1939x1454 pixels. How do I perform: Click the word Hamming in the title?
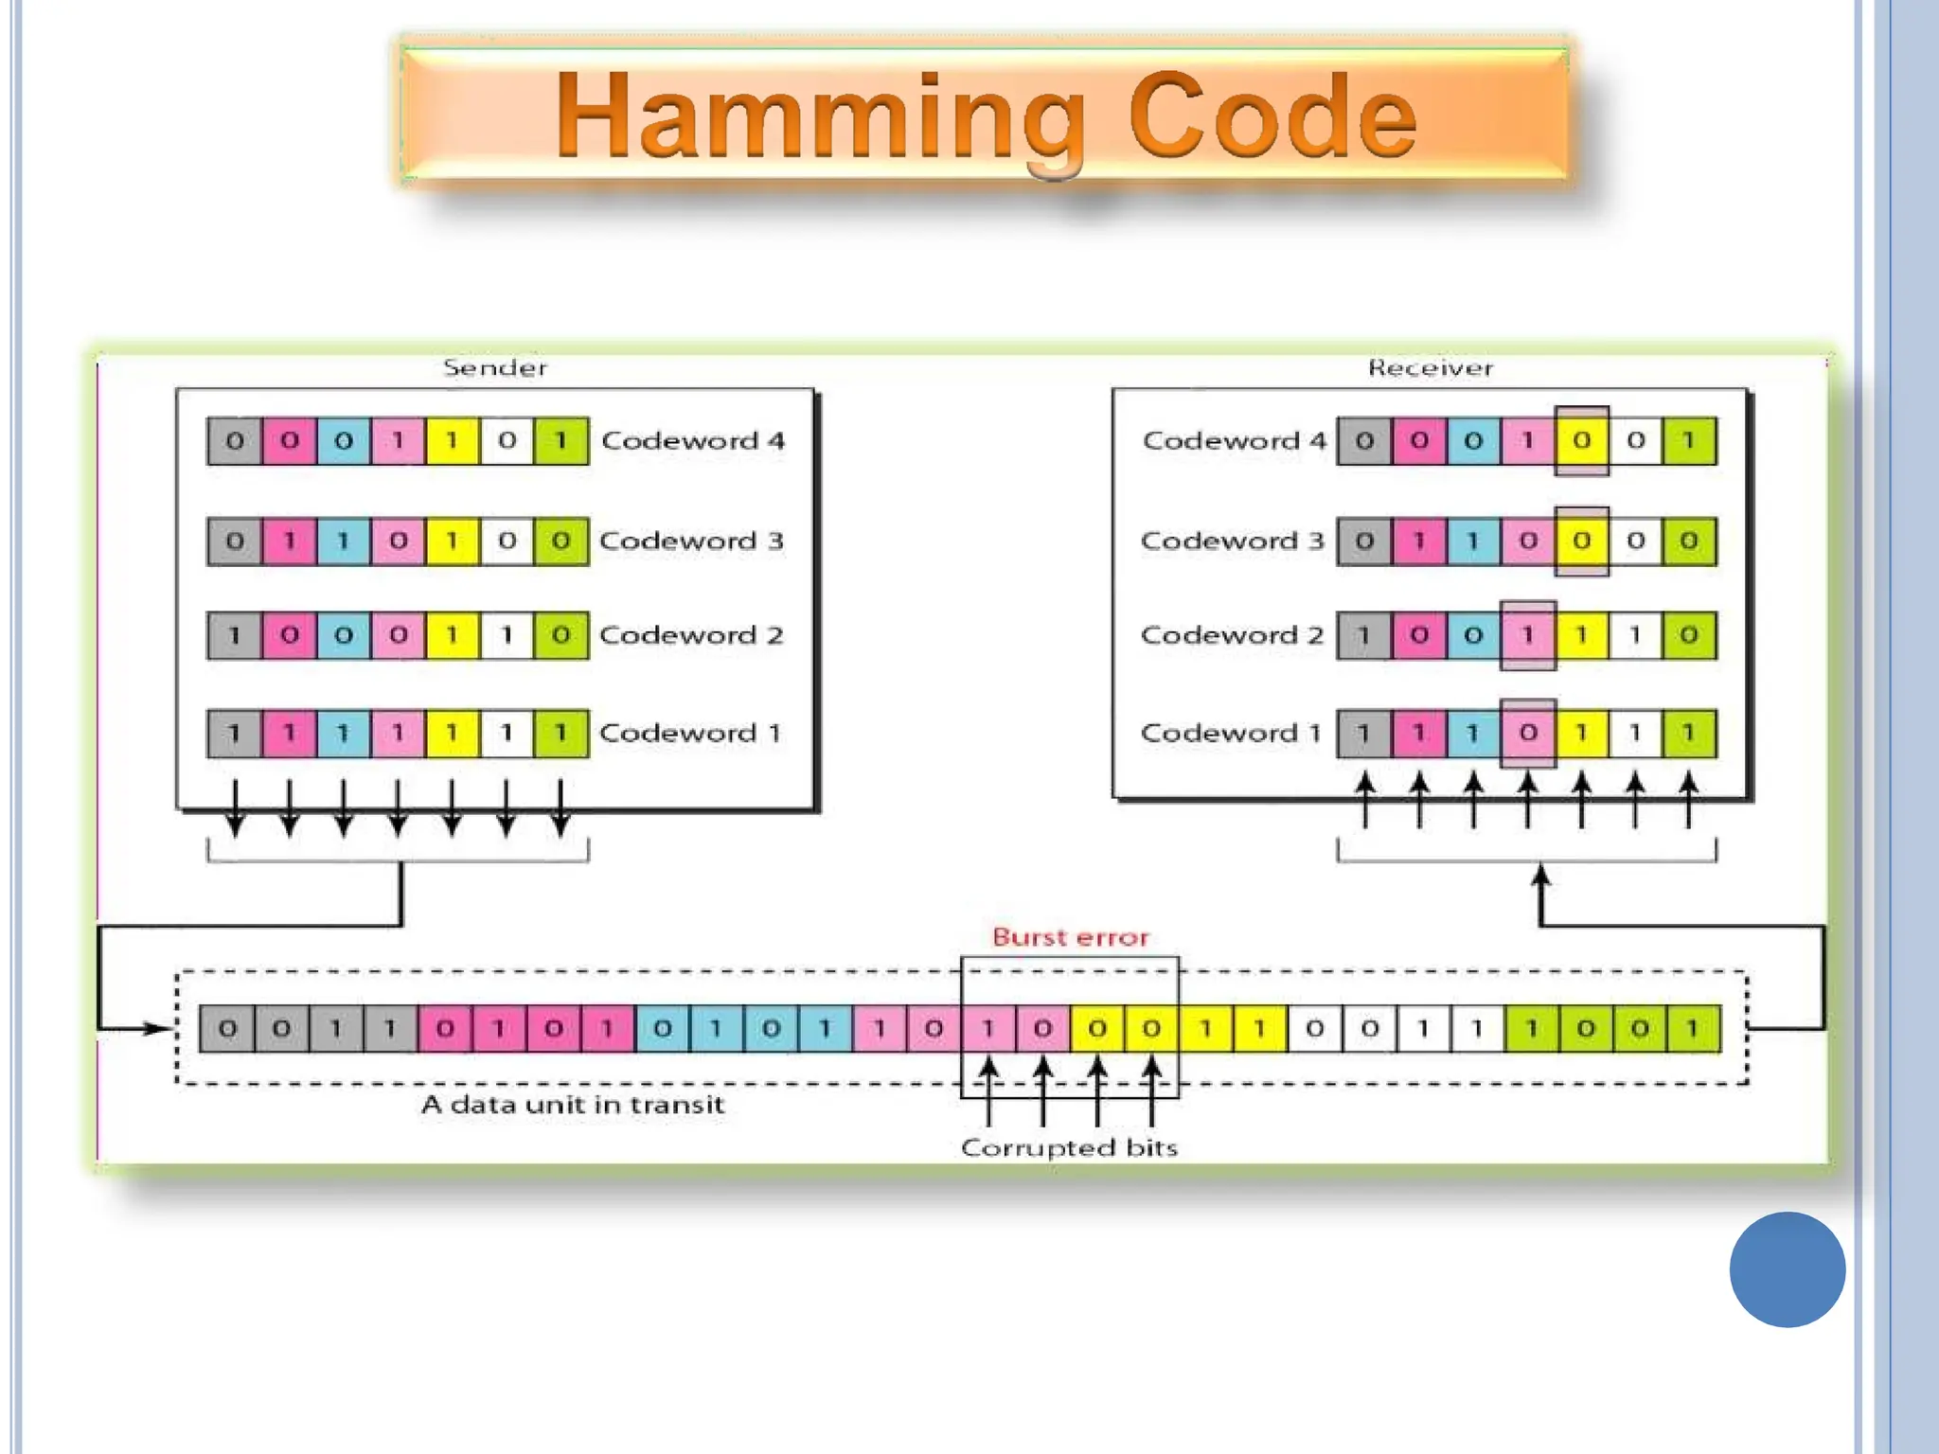pyautogui.click(x=819, y=118)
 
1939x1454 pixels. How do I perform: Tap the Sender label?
pyautogui.click(x=495, y=367)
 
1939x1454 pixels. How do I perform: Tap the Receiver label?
pyautogui.click(x=1430, y=367)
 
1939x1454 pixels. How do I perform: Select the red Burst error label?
pyautogui.click(x=1070, y=937)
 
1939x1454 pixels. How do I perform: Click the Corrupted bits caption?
pyautogui.click(x=1069, y=1147)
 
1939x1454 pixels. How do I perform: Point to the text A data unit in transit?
pyautogui.click(x=573, y=1104)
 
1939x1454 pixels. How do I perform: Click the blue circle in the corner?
pyautogui.click(x=1787, y=1268)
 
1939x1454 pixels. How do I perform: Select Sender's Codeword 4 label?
pyautogui.click(x=693, y=440)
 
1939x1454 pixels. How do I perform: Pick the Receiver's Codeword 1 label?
pyautogui.click(x=1231, y=733)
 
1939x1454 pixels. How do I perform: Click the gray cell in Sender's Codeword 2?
pyautogui.click(x=234, y=634)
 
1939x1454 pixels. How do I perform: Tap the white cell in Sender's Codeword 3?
pyautogui.click(x=507, y=541)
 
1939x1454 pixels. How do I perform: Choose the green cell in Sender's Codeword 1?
pyautogui.click(x=560, y=733)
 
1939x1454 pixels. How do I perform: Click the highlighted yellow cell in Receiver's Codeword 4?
pyautogui.click(x=1581, y=440)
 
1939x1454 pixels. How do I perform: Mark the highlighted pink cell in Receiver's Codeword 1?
pyautogui.click(x=1527, y=733)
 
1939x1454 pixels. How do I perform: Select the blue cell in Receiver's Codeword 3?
pyautogui.click(x=1473, y=541)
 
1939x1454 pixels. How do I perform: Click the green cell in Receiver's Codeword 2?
pyautogui.click(x=1689, y=634)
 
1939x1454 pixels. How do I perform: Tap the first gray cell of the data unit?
pyautogui.click(x=227, y=1028)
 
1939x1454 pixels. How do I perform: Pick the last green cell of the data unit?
pyautogui.click(x=1694, y=1028)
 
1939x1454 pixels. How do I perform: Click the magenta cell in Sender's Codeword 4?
pyautogui.click(x=289, y=440)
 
